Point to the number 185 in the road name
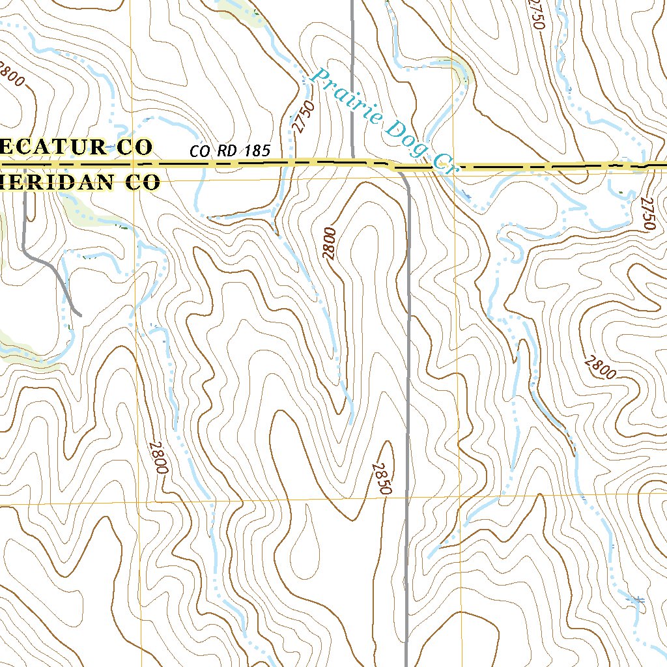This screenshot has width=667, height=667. (257, 151)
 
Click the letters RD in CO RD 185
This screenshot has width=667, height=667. (227, 151)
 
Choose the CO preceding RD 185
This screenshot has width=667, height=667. (200, 151)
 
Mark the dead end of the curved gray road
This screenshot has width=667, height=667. (79, 315)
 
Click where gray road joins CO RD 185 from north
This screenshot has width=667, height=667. (352, 160)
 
